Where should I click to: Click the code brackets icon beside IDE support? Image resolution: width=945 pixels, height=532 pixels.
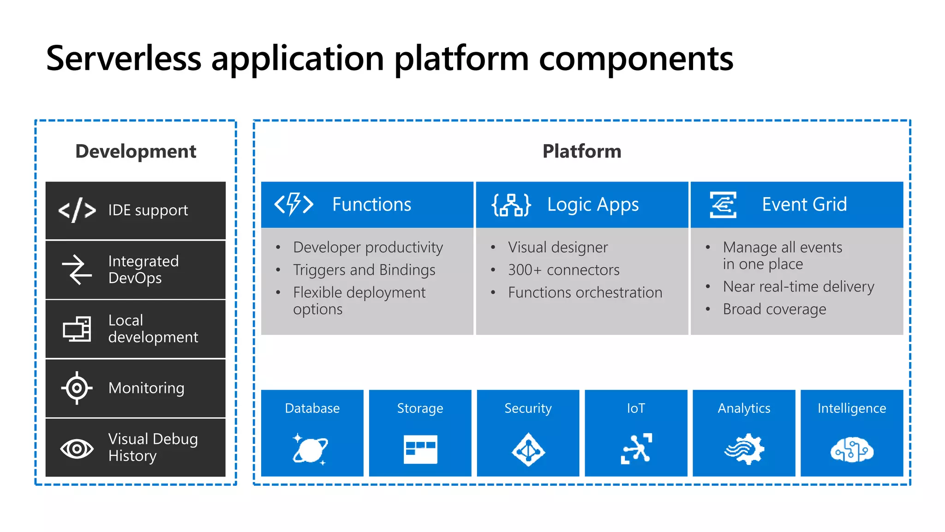point(77,210)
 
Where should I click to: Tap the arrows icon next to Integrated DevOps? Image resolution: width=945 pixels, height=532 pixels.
point(77,270)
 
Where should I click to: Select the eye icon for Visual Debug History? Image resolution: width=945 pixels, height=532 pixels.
point(77,448)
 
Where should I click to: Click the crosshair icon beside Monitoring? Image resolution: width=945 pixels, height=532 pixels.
point(77,388)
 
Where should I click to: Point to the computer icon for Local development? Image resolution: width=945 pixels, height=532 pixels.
point(77,329)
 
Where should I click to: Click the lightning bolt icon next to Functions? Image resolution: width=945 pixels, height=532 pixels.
point(294,204)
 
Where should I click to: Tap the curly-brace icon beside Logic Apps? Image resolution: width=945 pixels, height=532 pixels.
point(511,205)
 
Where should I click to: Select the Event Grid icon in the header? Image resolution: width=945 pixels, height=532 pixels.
point(723,205)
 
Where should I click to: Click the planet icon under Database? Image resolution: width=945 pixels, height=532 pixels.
point(311,449)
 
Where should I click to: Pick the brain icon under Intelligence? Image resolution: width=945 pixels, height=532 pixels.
point(852,449)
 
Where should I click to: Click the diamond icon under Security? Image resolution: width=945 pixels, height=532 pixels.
point(528,449)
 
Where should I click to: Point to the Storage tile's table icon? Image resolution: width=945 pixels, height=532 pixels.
point(420,449)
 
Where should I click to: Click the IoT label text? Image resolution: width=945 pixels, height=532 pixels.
point(636,408)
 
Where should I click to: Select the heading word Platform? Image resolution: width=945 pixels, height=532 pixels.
point(582,151)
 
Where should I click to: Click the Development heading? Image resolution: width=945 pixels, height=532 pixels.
point(136,151)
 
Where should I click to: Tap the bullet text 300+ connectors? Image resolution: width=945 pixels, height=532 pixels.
point(563,270)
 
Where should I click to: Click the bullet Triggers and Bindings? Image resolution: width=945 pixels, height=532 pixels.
point(364,270)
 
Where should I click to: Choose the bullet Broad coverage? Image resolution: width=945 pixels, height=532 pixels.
point(774,309)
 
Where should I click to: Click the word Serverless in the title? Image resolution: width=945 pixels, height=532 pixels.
point(124,59)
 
